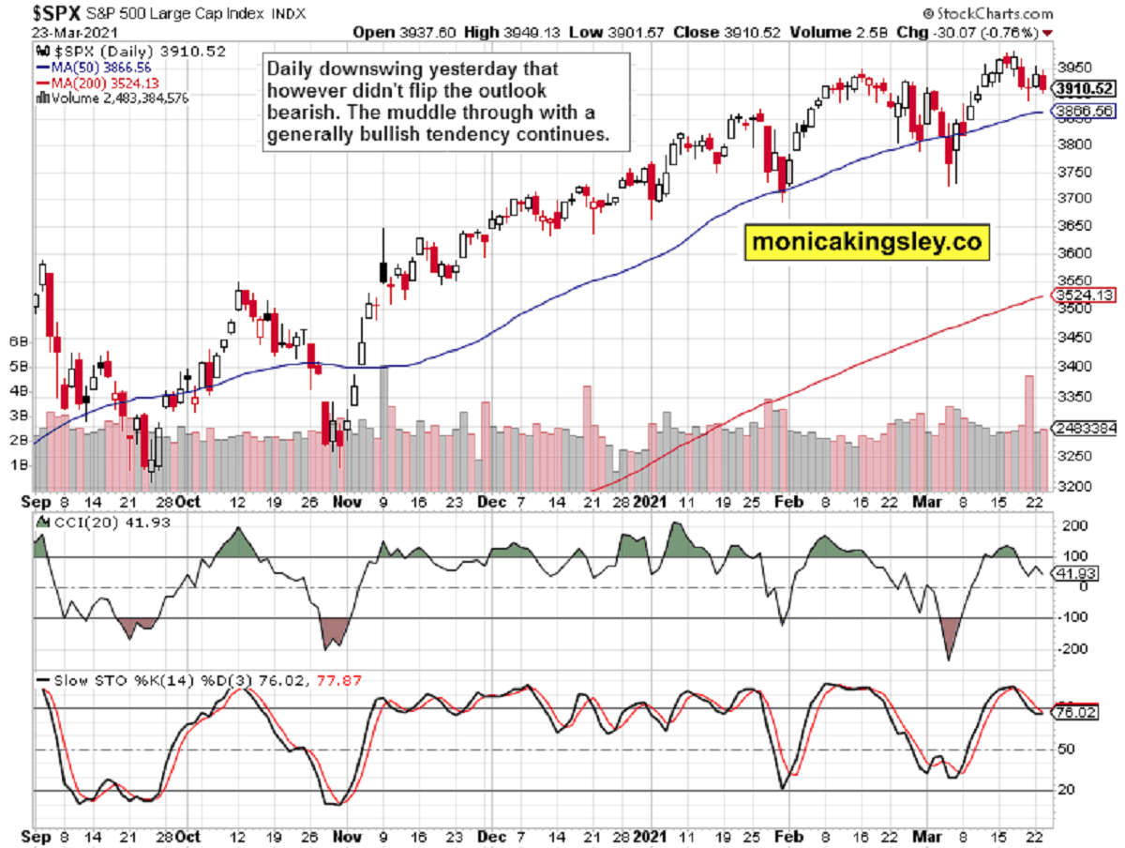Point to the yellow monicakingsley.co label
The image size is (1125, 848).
point(867,243)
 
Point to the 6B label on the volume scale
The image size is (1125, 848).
point(16,341)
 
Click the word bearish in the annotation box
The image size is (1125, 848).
point(301,113)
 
